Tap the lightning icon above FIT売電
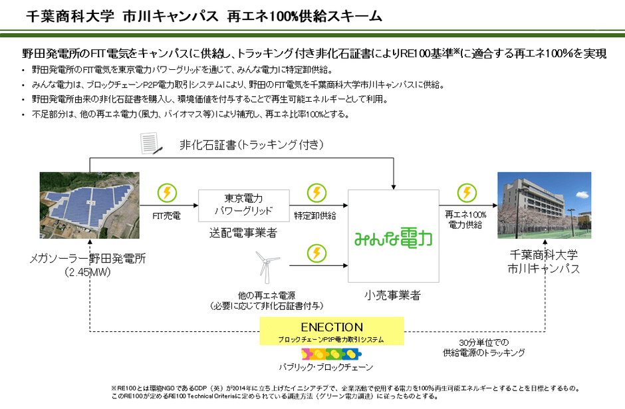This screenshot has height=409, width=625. click(x=167, y=194)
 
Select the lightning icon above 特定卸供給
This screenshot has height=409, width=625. click(x=316, y=194)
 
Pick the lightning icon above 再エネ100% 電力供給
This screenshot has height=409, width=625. click(x=467, y=193)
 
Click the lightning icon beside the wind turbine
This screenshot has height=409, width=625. click(x=316, y=253)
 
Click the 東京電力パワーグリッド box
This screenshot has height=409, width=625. click(x=244, y=205)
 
